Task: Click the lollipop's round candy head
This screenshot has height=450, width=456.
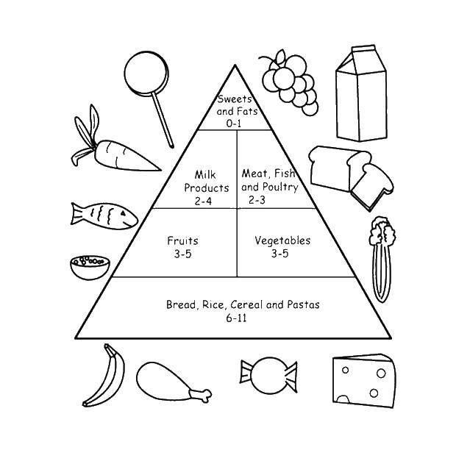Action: pyautogui.click(x=146, y=74)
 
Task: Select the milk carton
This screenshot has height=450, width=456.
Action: pyautogui.click(x=361, y=93)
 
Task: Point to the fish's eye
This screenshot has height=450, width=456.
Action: pyautogui.click(x=124, y=213)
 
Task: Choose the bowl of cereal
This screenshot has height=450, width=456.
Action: pyautogui.click(x=90, y=268)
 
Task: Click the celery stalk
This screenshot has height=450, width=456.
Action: pyautogui.click(x=382, y=260)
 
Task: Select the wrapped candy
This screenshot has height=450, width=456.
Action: pyautogui.click(x=268, y=375)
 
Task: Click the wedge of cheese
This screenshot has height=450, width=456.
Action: pyautogui.click(x=364, y=381)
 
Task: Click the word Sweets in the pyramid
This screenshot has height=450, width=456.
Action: pyautogui.click(x=235, y=99)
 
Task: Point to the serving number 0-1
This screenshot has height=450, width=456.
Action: pyautogui.click(x=234, y=124)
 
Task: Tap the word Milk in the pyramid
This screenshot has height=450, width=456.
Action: pyautogui.click(x=205, y=174)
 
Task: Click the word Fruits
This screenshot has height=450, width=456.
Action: pyautogui.click(x=182, y=240)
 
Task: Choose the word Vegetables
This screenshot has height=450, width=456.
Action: pyautogui.click(x=282, y=240)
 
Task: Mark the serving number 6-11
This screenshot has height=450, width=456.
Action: pyautogui.click(x=236, y=318)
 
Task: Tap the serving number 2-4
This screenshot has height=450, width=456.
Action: pyautogui.click(x=203, y=201)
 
